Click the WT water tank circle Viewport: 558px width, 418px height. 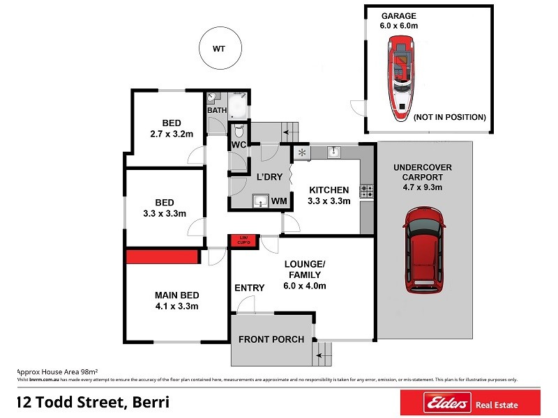219,49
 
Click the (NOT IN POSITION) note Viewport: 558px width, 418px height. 449,117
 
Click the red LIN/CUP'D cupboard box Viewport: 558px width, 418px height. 243,240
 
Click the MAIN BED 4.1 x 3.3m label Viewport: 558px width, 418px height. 176,300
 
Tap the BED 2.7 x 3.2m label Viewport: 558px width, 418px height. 171,128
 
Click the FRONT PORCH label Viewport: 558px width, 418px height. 271,339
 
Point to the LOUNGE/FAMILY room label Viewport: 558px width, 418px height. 305,275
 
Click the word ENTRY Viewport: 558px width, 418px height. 249,288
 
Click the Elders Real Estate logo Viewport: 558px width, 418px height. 469,402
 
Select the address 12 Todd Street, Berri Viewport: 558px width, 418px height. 92,402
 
